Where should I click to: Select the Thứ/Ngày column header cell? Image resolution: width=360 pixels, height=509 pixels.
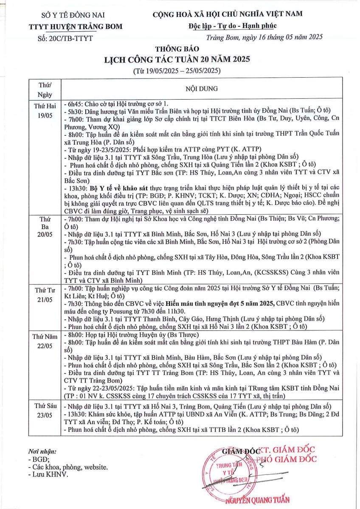click(45, 89)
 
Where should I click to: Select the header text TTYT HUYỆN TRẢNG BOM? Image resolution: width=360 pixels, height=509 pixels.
click(76, 26)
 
